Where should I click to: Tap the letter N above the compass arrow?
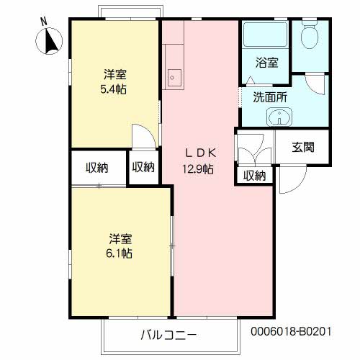[x=43, y=22]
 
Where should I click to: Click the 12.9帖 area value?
[x=197, y=169]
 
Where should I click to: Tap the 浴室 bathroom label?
[x=266, y=63]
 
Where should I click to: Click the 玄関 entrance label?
[x=303, y=148]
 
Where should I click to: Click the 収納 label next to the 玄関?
[x=254, y=174]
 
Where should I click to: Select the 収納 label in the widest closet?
[x=97, y=168]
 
